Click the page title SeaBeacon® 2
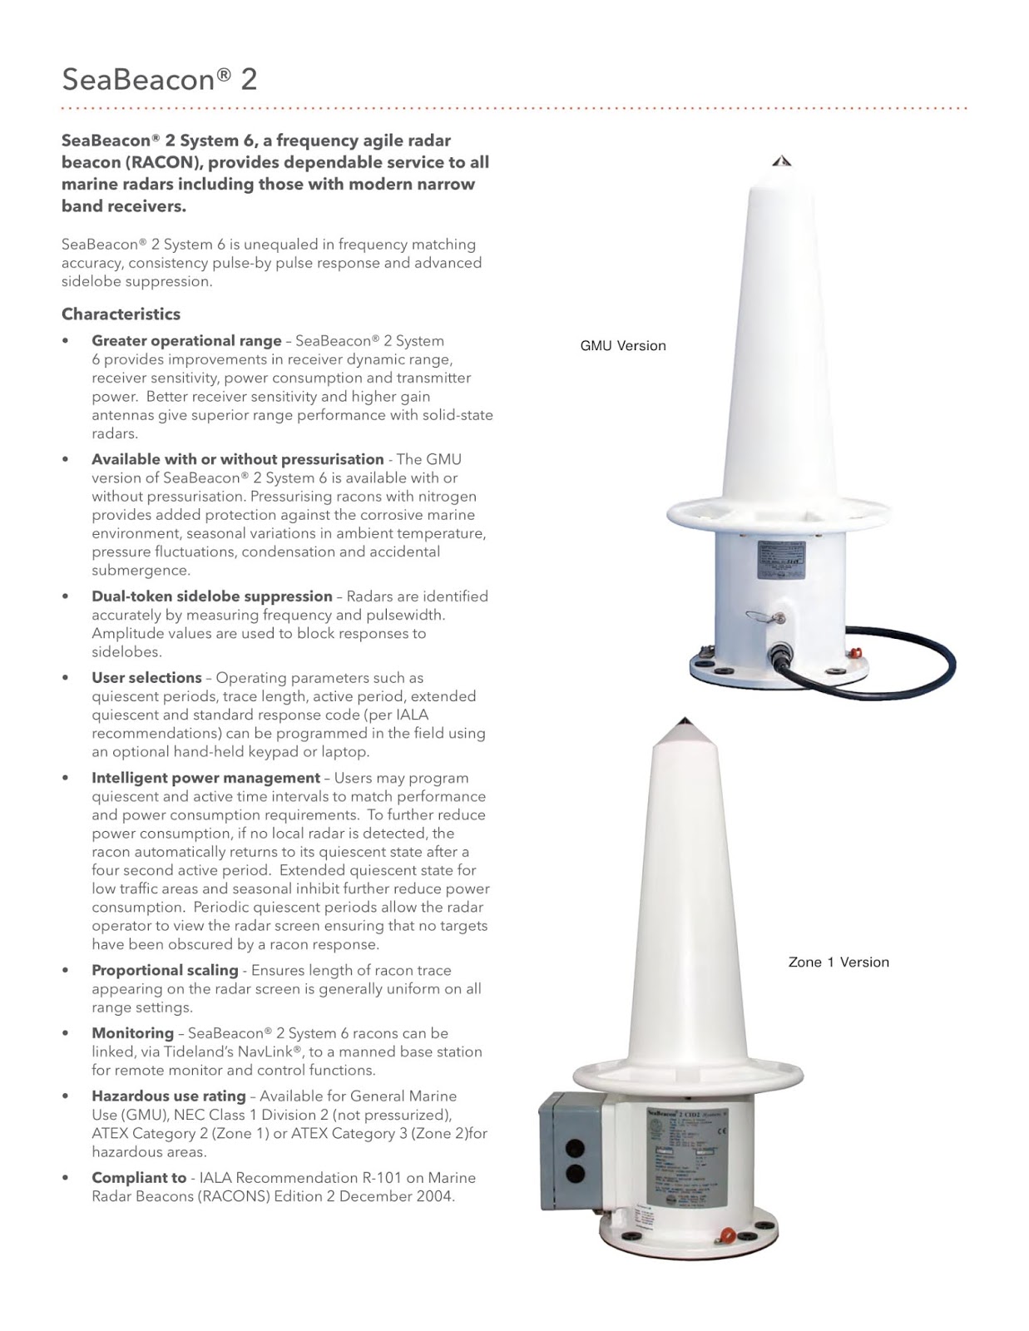pyautogui.click(x=160, y=79)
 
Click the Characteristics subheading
pyautogui.click(x=121, y=314)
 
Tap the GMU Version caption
pyautogui.click(x=623, y=345)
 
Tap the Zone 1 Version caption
pyautogui.click(x=839, y=962)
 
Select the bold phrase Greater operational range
pyautogui.click(x=186, y=340)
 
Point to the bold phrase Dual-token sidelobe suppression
pyautogui.click(x=211, y=596)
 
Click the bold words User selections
pyautogui.click(x=146, y=677)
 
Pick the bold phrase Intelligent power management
pyautogui.click(x=205, y=777)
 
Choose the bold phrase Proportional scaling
pyautogui.click(x=165, y=969)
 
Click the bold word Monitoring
pyautogui.click(x=132, y=1032)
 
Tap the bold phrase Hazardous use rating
pyautogui.click(x=168, y=1096)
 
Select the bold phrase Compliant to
pyautogui.click(x=138, y=1177)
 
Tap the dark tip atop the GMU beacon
pyautogui.click(x=781, y=161)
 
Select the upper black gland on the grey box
pyautogui.click(x=574, y=1149)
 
